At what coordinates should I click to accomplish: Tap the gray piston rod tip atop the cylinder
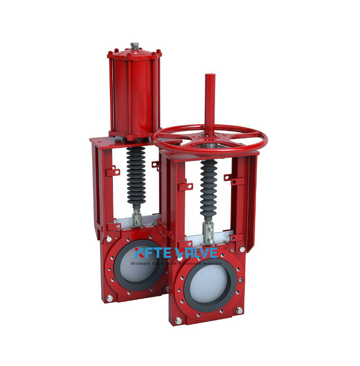tap(134, 45)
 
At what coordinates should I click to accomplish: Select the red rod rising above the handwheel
tap(210, 101)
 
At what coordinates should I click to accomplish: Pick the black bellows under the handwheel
tap(208, 190)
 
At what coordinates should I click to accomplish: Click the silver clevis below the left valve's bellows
tap(137, 219)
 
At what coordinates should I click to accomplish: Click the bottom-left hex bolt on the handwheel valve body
tap(179, 320)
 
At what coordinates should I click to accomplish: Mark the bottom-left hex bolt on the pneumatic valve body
tap(109, 298)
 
